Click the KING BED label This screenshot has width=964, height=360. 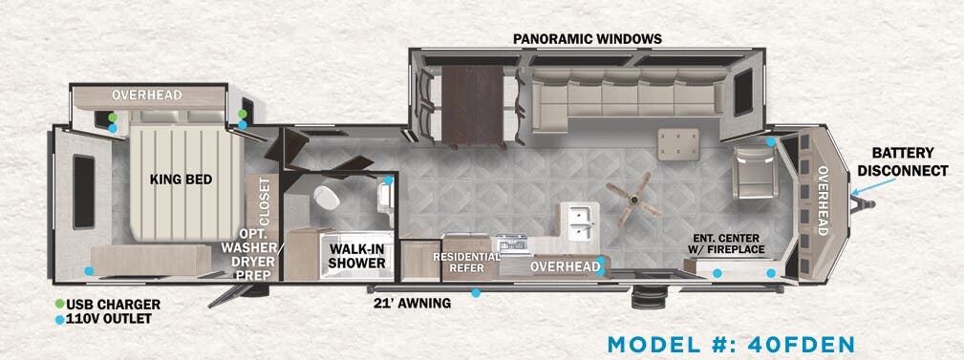pos(180,179)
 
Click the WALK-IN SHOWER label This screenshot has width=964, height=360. pos(356,255)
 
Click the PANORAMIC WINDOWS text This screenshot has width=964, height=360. pos(587,39)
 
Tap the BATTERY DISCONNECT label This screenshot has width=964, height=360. pos(902,161)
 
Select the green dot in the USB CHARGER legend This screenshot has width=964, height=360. pos(59,305)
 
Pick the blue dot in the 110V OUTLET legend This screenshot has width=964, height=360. pos(59,319)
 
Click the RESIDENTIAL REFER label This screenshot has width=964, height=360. pos(467,263)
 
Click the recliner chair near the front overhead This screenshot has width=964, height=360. pos(755,172)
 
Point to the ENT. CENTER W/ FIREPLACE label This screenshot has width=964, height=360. pos(729,244)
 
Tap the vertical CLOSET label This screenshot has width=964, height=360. pos(265,199)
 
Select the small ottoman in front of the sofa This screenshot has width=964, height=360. pos(678,144)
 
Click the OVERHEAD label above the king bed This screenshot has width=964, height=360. pos(146,95)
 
